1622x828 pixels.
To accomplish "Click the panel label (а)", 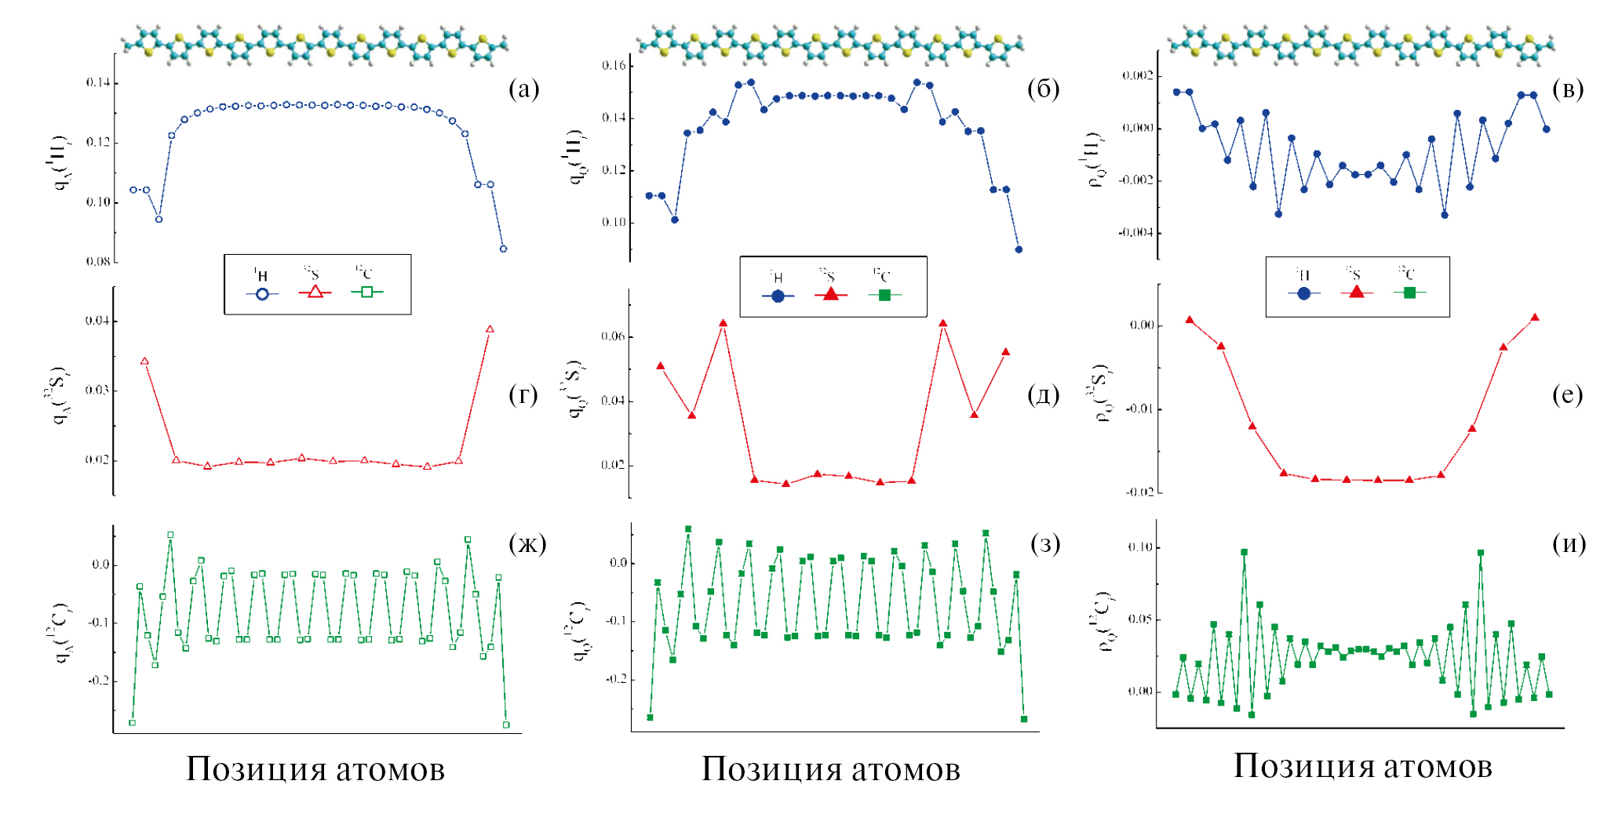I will [x=524, y=89].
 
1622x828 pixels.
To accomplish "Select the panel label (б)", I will [x=1043, y=89].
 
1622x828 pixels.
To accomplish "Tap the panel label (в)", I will [x=1567, y=89].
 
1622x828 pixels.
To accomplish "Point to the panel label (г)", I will [x=523, y=394].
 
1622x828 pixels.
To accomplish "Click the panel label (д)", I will [x=1043, y=394].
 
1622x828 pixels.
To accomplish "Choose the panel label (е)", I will [x=1567, y=394].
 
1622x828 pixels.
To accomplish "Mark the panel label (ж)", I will [x=527, y=543].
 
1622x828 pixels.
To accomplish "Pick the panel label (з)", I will [x=1044, y=543].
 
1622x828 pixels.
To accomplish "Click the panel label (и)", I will [x=1569, y=543].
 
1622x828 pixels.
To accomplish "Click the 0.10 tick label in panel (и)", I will [x=1139, y=547].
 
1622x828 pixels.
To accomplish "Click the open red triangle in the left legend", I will [x=315, y=292].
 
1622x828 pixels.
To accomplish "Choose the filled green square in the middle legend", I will [x=884, y=296].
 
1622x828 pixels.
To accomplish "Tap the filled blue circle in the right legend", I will [x=1303, y=293].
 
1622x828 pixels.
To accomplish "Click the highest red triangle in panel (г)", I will [x=490, y=329].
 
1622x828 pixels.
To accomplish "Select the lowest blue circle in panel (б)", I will [x=1019, y=249].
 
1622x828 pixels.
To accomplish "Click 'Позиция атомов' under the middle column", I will [x=830, y=769].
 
